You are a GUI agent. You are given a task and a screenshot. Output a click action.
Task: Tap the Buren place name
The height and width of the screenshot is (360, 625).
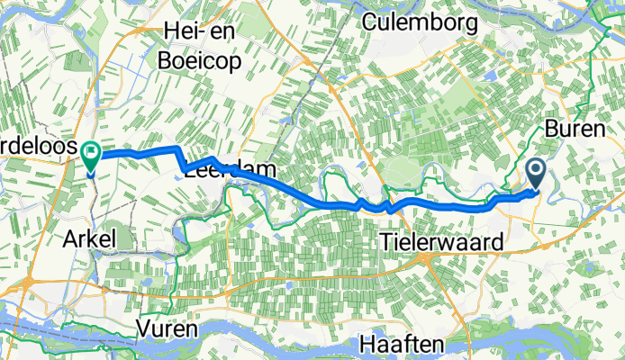(x=575, y=129)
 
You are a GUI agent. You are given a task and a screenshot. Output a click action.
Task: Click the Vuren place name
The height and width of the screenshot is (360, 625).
(x=168, y=329)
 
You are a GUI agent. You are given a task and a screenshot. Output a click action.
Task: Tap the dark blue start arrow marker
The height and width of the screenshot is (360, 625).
(x=536, y=171)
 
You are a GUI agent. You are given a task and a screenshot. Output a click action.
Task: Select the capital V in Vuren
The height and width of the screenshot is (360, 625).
(x=144, y=329)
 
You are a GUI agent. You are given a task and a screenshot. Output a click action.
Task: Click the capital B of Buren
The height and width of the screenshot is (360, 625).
(x=550, y=129)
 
